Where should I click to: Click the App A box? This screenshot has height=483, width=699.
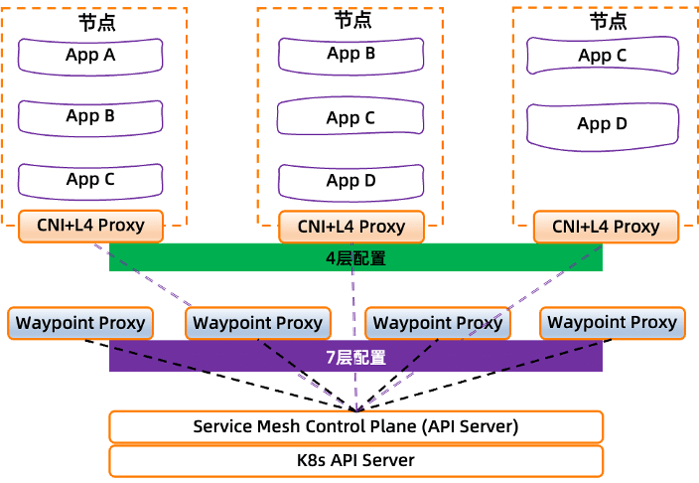(90, 56)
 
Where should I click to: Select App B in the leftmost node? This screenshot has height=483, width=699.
(90, 117)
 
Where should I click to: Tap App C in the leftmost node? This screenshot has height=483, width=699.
(90, 180)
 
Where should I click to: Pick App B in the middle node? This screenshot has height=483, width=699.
(350, 55)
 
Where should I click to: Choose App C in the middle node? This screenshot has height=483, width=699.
(350, 118)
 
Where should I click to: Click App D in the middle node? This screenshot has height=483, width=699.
(350, 181)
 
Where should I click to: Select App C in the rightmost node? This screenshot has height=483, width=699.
(602, 57)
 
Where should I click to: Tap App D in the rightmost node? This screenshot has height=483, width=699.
(602, 124)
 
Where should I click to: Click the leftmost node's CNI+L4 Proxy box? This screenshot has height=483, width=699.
(90, 226)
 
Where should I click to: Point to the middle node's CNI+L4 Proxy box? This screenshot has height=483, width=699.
(351, 227)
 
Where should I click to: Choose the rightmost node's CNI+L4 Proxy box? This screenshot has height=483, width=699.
(606, 227)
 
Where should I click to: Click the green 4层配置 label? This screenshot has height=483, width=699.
(355, 258)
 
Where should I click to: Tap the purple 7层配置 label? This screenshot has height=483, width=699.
(355, 357)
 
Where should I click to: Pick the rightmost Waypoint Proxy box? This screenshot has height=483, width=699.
(612, 323)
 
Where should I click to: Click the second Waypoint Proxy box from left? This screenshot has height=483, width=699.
(257, 323)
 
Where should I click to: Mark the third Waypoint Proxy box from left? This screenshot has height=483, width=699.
(437, 323)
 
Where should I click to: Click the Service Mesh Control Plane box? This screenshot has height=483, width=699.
(355, 427)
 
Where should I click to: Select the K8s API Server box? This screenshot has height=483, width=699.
(355, 460)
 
